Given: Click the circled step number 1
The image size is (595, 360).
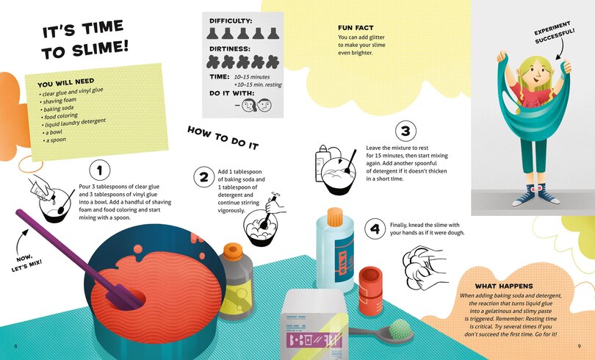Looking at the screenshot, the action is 100,170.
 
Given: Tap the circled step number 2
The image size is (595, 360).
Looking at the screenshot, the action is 204,177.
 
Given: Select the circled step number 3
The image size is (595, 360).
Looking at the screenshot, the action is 405,131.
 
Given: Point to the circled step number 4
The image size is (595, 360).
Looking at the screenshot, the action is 375,228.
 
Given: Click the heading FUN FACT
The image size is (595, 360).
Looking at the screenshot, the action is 356,28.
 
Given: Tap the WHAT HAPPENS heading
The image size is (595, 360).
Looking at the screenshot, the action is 504,286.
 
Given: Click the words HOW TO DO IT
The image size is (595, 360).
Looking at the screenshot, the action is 223,137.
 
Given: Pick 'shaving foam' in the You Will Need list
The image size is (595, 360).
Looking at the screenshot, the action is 59,101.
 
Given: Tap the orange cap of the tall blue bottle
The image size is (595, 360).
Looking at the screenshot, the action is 335,217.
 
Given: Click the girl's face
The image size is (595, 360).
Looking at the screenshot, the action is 535,78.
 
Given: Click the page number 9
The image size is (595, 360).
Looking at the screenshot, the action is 579,346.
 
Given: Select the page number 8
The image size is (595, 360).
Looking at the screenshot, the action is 15,346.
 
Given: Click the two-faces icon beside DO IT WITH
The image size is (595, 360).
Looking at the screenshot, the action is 257,105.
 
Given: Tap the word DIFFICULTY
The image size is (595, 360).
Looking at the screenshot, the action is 231,21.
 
